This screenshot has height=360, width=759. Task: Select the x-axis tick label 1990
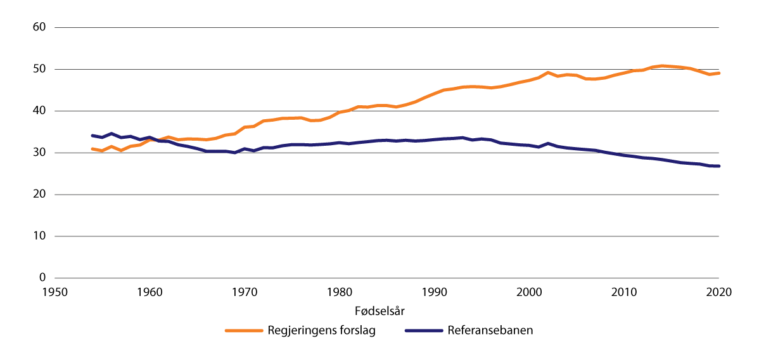434,293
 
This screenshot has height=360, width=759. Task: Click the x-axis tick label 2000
529,293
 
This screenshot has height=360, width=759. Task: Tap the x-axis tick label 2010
624,293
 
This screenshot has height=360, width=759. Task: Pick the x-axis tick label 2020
718,293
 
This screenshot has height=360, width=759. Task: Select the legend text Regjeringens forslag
322,331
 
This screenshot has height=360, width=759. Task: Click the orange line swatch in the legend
245,331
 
